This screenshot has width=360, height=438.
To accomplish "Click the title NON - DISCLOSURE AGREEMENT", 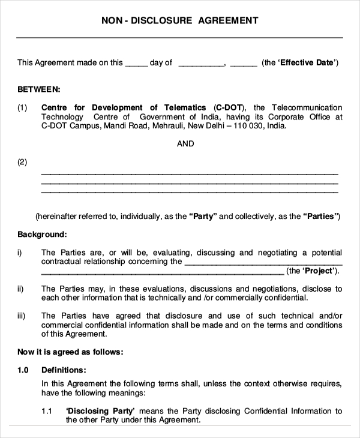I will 180,20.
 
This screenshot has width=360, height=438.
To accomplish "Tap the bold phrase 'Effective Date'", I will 307,62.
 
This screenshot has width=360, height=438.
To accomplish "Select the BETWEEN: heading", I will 38,89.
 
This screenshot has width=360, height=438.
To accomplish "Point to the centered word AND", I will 185,144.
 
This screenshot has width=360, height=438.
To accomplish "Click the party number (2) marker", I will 22,162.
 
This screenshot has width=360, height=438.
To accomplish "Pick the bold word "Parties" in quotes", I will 321,216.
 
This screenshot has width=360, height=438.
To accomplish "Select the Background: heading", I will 42,234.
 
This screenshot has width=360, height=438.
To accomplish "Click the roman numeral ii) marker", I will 20,289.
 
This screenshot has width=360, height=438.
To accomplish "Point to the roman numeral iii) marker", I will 22,316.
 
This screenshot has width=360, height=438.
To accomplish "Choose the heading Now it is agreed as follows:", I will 70,352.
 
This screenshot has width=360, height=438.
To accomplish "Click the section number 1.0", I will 23,370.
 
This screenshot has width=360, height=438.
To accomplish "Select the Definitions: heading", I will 64,370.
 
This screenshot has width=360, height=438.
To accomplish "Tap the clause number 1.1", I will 47,411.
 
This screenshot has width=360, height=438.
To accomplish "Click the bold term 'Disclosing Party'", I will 100,411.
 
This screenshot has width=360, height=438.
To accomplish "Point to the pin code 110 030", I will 249,127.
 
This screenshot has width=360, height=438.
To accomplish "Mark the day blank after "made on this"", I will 136,63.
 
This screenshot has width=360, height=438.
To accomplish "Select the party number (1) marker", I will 22,108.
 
